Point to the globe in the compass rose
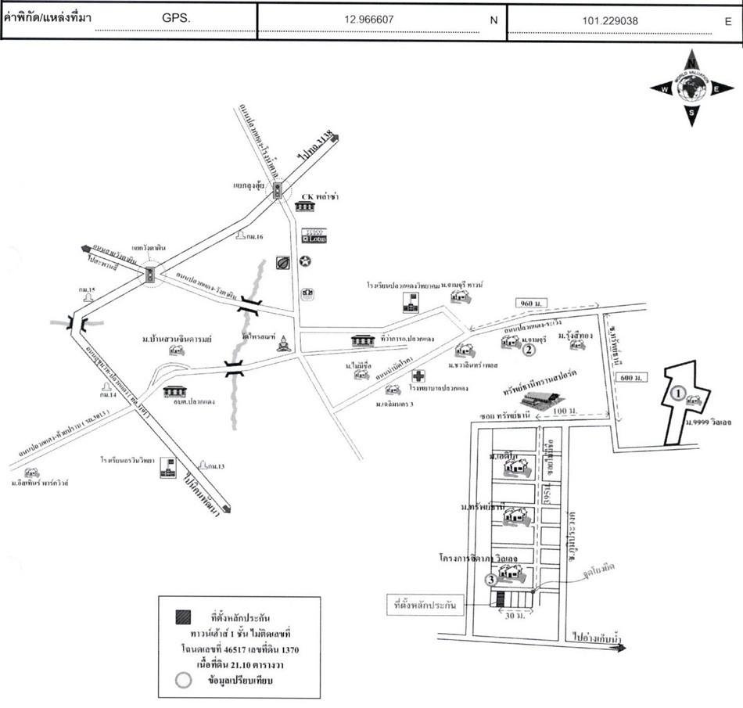(x=691, y=90)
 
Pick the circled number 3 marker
(x=490, y=580)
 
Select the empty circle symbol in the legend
(x=181, y=679)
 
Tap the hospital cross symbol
(x=418, y=376)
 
